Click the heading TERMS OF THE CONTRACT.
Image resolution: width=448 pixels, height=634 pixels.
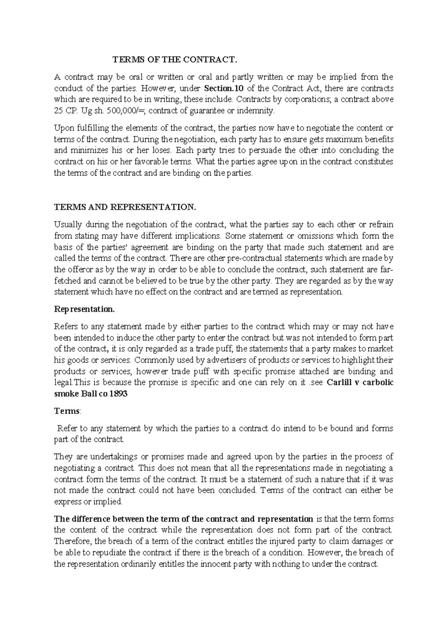[175, 59]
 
